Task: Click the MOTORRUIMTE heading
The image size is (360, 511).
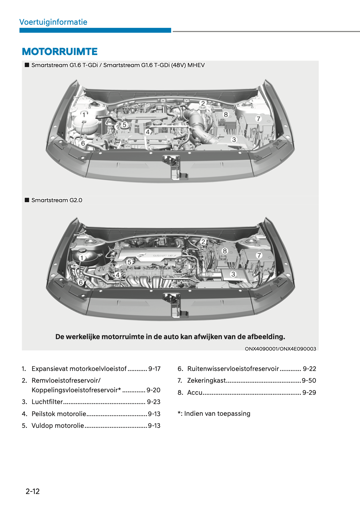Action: click(60, 52)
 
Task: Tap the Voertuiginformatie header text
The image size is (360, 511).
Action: click(53, 22)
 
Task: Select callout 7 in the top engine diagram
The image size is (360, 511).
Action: click(259, 119)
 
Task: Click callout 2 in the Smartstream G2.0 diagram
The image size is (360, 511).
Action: click(203, 242)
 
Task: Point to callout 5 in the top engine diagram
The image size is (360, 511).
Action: click(125, 125)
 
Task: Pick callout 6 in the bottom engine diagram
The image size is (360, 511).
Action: click(81, 282)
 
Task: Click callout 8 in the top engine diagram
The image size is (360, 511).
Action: click(226, 115)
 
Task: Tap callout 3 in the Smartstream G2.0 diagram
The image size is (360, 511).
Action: click(233, 274)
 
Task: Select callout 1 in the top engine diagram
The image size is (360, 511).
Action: click(84, 115)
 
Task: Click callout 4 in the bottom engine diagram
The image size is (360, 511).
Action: click(117, 275)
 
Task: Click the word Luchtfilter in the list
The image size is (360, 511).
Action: click(47, 402)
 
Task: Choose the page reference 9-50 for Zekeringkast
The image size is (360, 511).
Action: click(309, 381)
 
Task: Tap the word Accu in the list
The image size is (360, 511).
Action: click(195, 393)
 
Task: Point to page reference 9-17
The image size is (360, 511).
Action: click(154, 369)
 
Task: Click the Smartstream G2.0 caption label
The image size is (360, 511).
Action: click(57, 200)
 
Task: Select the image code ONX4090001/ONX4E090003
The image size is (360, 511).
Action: click(280, 349)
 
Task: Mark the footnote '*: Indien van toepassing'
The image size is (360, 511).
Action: click(214, 414)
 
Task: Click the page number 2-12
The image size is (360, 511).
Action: click(33, 491)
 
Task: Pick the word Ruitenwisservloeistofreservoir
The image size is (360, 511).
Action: click(233, 369)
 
